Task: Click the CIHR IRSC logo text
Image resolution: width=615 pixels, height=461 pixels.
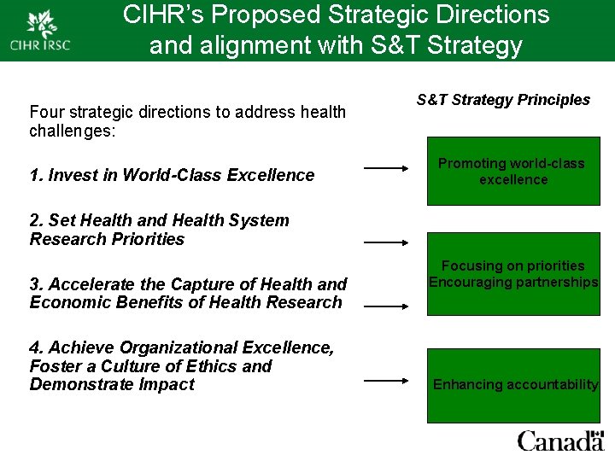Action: point(40,44)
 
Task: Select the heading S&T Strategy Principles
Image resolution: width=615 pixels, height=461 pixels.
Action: point(503,100)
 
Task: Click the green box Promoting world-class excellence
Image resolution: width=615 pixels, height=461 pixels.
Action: point(512,171)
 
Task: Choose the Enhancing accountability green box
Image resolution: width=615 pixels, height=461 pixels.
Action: point(513,385)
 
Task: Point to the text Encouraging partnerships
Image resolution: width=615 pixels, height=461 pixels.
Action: point(513,283)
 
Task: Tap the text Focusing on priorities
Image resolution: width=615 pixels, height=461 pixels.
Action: point(513,266)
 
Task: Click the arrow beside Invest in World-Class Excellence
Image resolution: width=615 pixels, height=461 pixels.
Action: point(386,168)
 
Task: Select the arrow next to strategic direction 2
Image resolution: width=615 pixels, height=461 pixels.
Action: point(386,242)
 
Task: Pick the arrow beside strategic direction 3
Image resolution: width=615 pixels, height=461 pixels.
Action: point(386,304)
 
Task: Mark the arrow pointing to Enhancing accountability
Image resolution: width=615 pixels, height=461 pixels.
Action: point(386,382)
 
